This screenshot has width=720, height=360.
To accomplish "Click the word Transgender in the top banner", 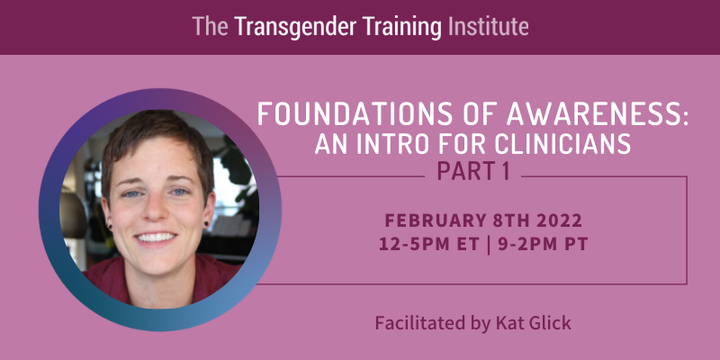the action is [x=295, y=27].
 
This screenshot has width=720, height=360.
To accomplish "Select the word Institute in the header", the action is [x=488, y=27].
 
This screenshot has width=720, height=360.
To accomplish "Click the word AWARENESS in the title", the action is [x=597, y=113].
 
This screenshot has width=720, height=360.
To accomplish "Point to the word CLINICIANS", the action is [x=563, y=144].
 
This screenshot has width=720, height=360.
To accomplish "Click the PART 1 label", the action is [x=473, y=171].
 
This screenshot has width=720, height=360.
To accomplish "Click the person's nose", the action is [x=156, y=209].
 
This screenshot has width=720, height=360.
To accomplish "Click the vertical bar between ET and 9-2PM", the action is [x=487, y=244].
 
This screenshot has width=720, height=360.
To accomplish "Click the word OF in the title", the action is [x=472, y=113].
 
